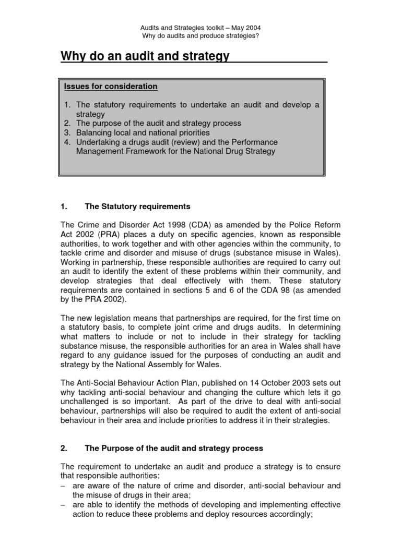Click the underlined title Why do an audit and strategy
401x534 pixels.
tap(145, 56)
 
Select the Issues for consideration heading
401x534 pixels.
tap(110, 86)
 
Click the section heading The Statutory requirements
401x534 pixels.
tap(137, 207)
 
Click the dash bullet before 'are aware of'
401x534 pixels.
tap(64, 486)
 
